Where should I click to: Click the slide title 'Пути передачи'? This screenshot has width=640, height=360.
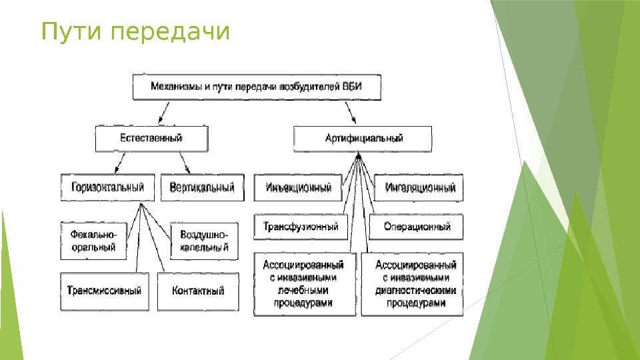[x=135, y=32]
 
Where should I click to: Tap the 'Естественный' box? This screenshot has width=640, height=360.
[x=151, y=139]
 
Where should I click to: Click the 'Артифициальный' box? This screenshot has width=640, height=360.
[x=363, y=139]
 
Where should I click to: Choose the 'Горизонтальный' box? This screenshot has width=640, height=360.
[x=107, y=187]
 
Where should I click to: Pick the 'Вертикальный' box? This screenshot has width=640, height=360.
[x=201, y=187]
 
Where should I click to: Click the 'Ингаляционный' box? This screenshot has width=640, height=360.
[x=420, y=187]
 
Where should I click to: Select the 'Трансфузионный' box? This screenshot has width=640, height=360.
[x=300, y=227]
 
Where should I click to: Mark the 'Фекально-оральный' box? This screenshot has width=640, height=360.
[x=93, y=241]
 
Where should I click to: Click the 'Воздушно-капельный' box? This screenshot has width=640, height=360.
[x=204, y=241]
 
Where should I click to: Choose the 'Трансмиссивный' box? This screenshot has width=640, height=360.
[x=105, y=291]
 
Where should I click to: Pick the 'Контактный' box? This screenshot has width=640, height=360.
[x=198, y=291]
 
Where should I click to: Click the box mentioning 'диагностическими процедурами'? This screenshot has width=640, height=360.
[x=415, y=283]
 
